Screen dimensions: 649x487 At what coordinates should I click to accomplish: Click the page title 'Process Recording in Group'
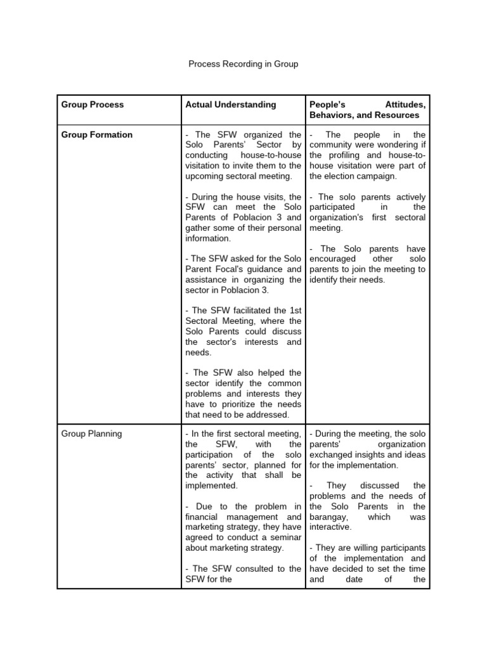[243, 64]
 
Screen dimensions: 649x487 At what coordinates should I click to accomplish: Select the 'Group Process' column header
[93, 105]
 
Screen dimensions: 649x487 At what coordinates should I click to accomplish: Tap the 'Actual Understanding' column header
[231, 105]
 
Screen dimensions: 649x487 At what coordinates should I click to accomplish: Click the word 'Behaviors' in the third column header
[332, 115]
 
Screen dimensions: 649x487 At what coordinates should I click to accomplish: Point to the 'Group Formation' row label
[97, 135]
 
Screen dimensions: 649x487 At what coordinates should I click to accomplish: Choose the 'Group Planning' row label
[92, 434]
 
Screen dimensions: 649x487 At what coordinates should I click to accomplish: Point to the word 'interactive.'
[330, 527]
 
